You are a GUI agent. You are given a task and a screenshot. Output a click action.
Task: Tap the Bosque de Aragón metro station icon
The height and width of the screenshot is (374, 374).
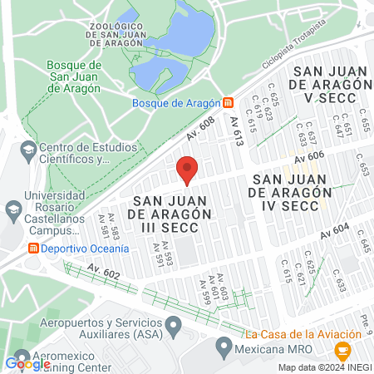pyautogui.click(x=228, y=103)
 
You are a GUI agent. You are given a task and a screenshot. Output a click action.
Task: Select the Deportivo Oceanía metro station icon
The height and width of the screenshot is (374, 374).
pyautogui.click(x=33, y=249)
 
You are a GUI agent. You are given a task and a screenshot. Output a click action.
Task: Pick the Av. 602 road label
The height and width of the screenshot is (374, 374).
pyautogui.click(x=104, y=272)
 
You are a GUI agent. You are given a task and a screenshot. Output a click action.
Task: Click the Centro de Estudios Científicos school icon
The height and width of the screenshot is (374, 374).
pyautogui.click(x=29, y=150)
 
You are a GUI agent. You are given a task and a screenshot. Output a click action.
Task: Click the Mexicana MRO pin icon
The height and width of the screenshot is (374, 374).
pyautogui.click(x=223, y=345)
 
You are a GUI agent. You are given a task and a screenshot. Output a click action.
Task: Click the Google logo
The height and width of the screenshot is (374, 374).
pyautogui.click(x=27, y=363)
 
